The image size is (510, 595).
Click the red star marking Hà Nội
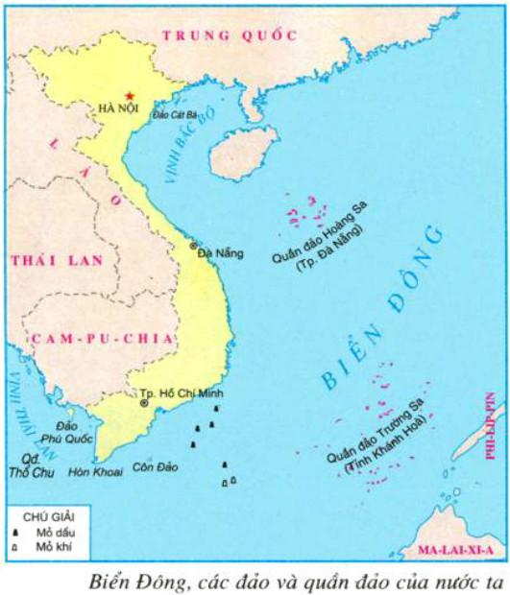[x=130, y=96]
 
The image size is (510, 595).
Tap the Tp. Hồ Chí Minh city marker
[x=144, y=404]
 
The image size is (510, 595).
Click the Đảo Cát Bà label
[x=175, y=115]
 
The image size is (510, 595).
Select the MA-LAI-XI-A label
[x=455, y=551]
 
